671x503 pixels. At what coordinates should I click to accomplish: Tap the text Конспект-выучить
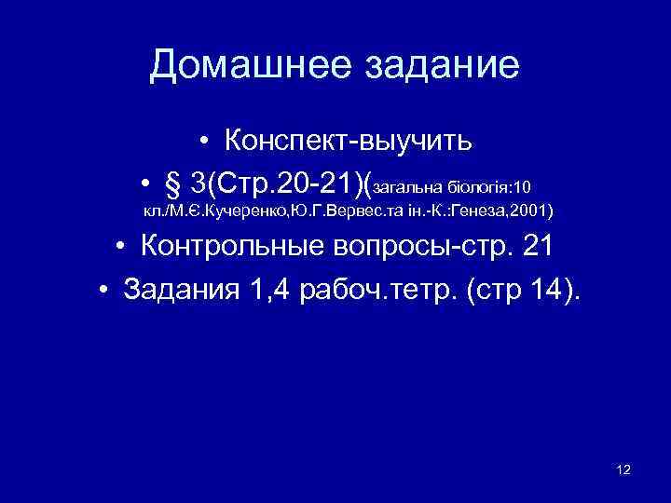coord(348,143)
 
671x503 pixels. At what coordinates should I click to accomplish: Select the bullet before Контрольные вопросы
coord(122,248)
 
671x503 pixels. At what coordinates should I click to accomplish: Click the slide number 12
coord(623,469)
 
